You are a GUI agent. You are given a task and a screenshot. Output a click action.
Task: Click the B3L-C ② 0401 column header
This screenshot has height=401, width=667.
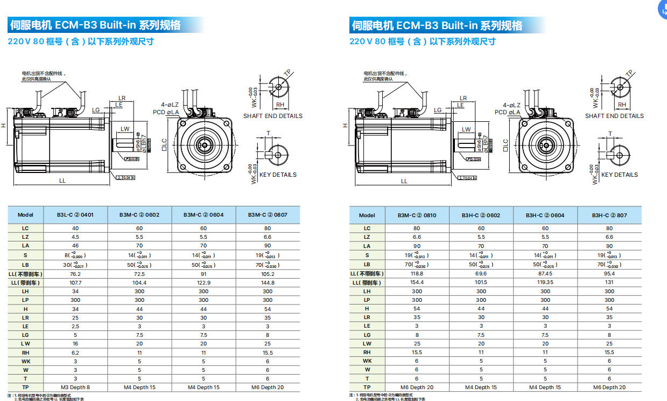click(75, 215)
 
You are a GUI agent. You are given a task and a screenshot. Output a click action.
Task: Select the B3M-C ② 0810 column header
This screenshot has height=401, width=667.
click(417, 215)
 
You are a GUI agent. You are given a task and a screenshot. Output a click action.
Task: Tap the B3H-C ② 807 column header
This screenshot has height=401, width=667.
click(609, 215)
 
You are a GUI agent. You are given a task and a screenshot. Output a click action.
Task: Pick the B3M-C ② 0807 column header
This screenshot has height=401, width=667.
click(268, 215)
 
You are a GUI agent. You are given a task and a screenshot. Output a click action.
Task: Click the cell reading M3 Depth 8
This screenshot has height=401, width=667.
click(75, 387)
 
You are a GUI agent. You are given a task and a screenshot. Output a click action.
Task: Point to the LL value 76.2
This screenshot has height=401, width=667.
click(75, 273)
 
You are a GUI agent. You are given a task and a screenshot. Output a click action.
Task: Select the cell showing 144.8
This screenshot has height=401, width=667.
click(268, 282)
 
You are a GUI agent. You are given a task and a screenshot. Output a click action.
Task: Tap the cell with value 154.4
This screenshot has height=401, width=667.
click(417, 282)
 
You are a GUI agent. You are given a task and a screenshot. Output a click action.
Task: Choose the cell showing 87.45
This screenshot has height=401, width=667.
click(545, 273)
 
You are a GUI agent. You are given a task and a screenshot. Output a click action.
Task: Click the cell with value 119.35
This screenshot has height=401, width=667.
click(545, 282)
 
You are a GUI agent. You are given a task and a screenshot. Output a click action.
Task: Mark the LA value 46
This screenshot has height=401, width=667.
click(75, 246)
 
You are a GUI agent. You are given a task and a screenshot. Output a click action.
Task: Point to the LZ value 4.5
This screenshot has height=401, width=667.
click(75, 237)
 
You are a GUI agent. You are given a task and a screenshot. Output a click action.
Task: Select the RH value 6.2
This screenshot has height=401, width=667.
click(75, 352)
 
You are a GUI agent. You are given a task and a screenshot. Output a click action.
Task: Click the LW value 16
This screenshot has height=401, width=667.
click(75, 343)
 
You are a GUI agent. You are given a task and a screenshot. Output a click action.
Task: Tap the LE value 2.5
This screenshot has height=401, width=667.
click(75, 326)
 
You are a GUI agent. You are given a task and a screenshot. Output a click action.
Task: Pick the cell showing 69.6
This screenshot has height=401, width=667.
click(481, 273)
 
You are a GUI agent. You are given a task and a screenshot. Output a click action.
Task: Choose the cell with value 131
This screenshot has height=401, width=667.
click(609, 282)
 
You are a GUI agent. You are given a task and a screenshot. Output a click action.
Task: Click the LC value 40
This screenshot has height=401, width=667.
click(75, 228)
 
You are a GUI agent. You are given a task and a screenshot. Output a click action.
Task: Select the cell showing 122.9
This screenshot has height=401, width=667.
click(203, 282)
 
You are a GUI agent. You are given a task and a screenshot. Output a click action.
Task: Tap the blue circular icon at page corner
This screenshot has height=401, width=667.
click(663, 8)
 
